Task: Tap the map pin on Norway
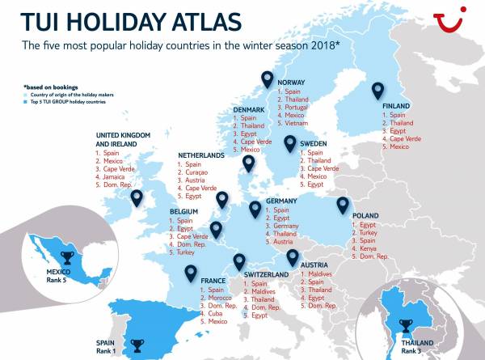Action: (x=268, y=79)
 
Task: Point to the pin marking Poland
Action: (x=343, y=205)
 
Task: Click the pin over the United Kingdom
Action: (x=136, y=197)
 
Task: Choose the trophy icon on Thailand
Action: (x=406, y=325)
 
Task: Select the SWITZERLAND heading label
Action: (x=266, y=275)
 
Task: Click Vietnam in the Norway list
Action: (x=298, y=125)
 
